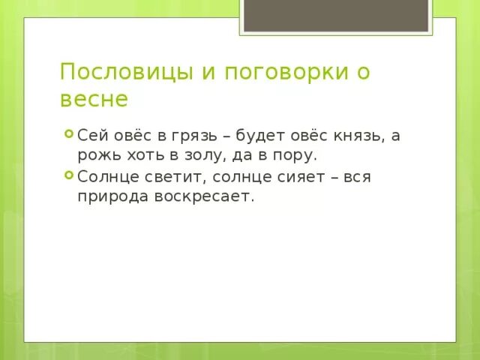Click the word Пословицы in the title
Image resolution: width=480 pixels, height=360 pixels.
[116, 73]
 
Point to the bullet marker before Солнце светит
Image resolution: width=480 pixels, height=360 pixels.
[68, 176]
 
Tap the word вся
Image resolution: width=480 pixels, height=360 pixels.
[356, 178]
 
